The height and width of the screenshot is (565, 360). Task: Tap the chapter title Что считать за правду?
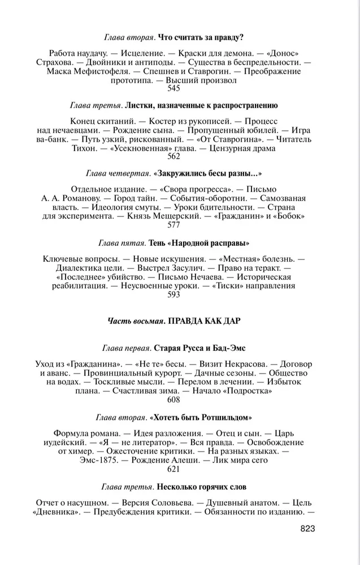click(x=201, y=37)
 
